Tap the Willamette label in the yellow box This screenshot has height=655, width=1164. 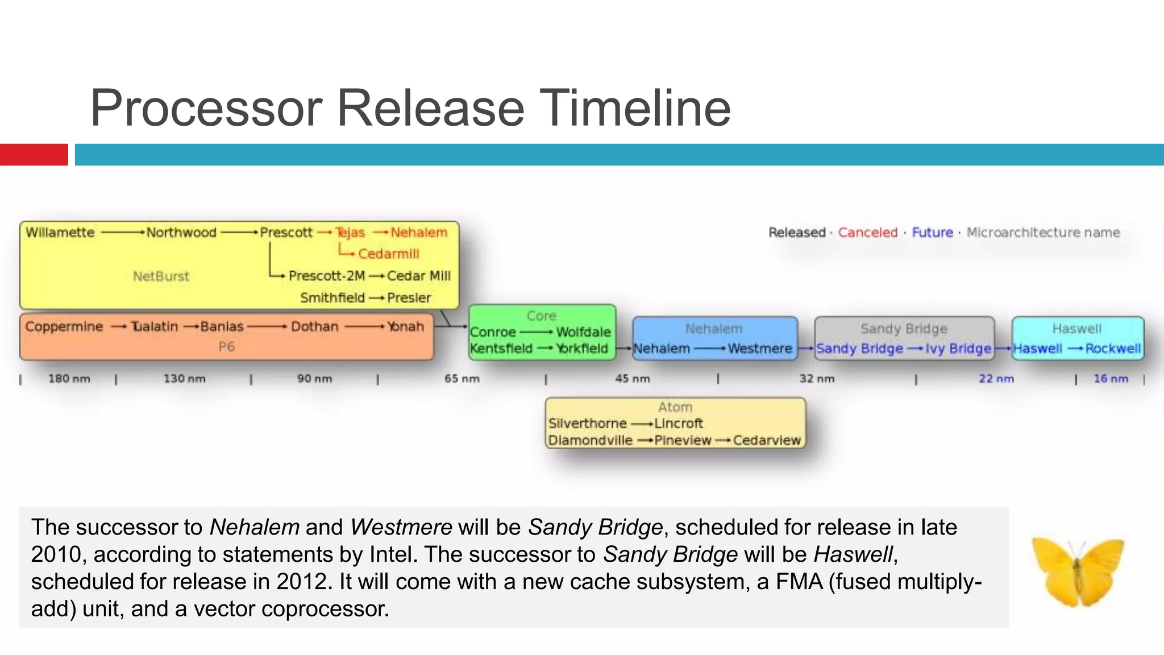tap(60, 233)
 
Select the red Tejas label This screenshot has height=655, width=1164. tap(350, 233)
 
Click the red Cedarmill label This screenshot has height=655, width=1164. tap(388, 254)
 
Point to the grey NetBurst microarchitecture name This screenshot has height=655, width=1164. tap(161, 276)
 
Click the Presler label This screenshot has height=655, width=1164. tap(409, 298)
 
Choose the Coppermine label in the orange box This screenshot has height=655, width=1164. tap(64, 327)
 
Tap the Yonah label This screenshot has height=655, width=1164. tap(405, 327)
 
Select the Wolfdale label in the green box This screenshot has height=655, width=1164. tap(583, 332)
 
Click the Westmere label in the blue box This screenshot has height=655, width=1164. tap(759, 349)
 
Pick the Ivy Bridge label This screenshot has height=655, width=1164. tap(958, 349)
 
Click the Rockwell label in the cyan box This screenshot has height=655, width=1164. tap(1112, 349)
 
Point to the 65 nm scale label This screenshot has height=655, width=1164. tap(462, 379)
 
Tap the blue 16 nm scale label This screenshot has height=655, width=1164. tap(1111, 379)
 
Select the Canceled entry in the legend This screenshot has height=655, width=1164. tap(867, 233)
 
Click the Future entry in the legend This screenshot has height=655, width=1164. tap(932, 233)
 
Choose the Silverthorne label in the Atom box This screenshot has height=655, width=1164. tap(587, 424)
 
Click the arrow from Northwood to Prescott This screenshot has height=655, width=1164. tap(239, 233)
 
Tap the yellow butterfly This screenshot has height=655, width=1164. tap(1076, 571)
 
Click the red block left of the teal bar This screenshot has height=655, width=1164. tap(34, 155)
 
